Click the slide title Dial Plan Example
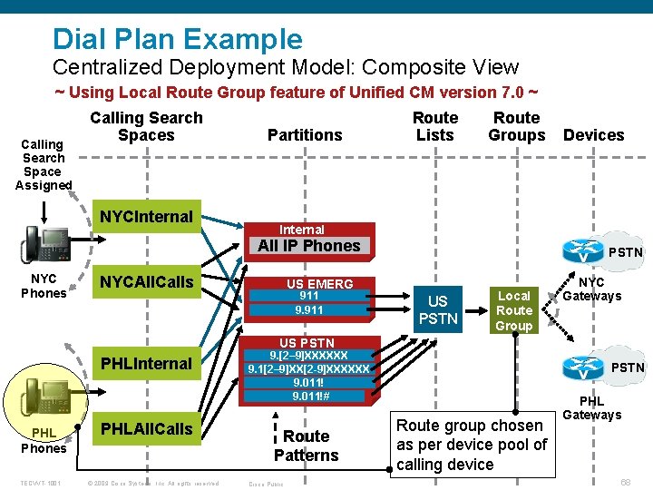click(x=177, y=39)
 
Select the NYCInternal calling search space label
click(x=146, y=217)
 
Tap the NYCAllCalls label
click(x=146, y=282)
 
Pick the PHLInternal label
click(x=146, y=364)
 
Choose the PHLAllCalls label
click(x=146, y=427)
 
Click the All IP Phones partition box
click(x=308, y=246)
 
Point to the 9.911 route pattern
click(x=308, y=309)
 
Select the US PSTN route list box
click(x=437, y=309)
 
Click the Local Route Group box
click(x=513, y=310)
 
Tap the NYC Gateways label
click(x=591, y=289)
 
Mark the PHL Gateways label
click(x=591, y=407)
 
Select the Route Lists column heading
click(x=434, y=126)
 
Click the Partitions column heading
click(x=305, y=135)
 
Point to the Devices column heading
click(x=593, y=135)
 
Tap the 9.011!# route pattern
click(x=308, y=395)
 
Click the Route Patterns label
click(x=306, y=446)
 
